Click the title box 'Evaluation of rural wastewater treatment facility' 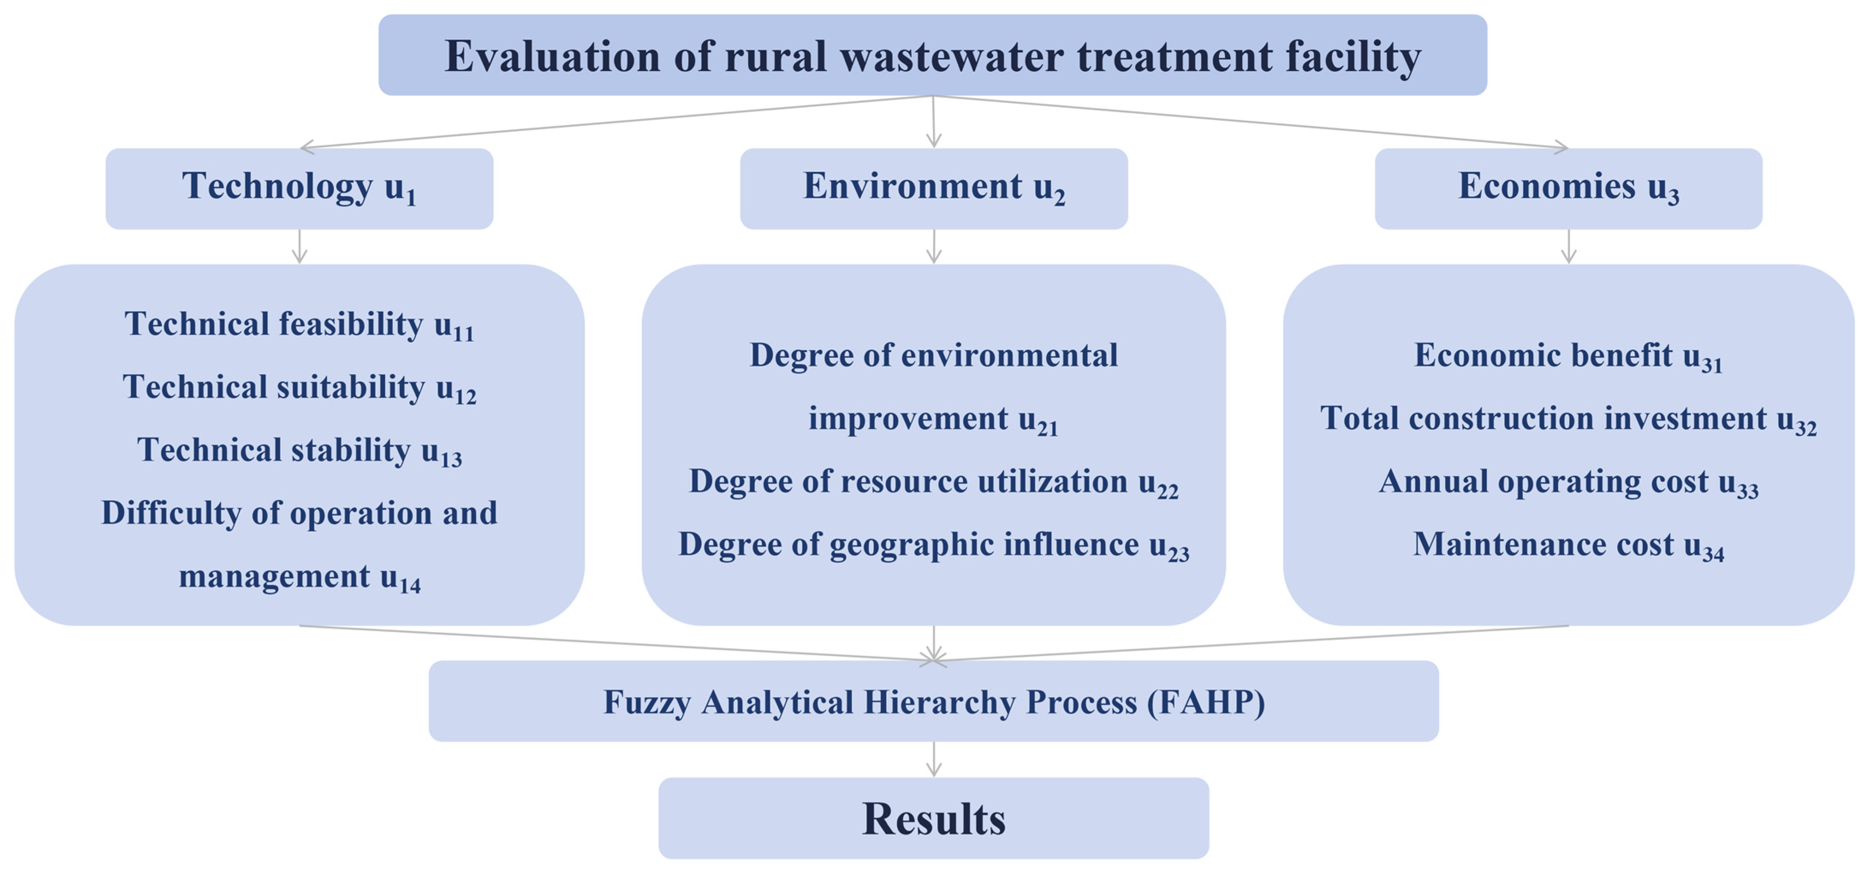click(933, 55)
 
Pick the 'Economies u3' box click(1568, 189)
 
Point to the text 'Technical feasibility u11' click(299, 325)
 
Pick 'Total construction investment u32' click(1568, 420)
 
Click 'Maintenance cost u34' click(1568, 545)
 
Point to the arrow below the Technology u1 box click(300, 247)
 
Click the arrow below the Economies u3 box click(1568, 247)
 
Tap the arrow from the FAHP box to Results click(934, 759)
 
